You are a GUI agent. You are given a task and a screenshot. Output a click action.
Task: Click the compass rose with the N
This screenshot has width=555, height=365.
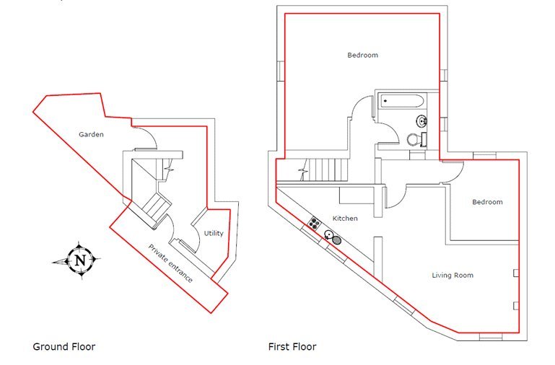[x=79, y=259]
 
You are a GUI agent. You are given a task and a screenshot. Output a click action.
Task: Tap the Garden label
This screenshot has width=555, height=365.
[x=92, y=134]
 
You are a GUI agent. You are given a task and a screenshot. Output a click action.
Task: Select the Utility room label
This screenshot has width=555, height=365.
[x=214, y=233]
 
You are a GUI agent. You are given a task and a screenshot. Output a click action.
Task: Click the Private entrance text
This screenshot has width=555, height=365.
[x=170, y=263]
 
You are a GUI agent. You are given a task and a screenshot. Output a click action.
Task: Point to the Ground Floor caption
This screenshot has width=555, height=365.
[x=64, y=347]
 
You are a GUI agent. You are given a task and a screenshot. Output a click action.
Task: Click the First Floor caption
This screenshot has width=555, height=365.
[x=292, y=347]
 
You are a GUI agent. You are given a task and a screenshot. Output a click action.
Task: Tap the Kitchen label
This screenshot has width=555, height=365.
[x=345, y=218]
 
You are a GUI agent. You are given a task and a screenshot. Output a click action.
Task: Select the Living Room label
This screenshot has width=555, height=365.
[x=453, y=275]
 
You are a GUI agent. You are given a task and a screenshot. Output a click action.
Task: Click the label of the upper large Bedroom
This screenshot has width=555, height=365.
[x=362, y=55]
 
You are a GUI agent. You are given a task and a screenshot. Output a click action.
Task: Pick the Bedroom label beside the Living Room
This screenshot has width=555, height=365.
[x=487, y=202]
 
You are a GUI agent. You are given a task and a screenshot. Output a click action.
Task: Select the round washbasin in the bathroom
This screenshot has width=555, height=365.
[x=421, y=120]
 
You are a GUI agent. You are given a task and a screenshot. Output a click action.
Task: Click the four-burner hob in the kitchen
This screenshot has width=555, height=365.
[x=315, y=222]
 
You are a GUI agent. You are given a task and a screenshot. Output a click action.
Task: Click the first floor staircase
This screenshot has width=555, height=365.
[x=325, y=170]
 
